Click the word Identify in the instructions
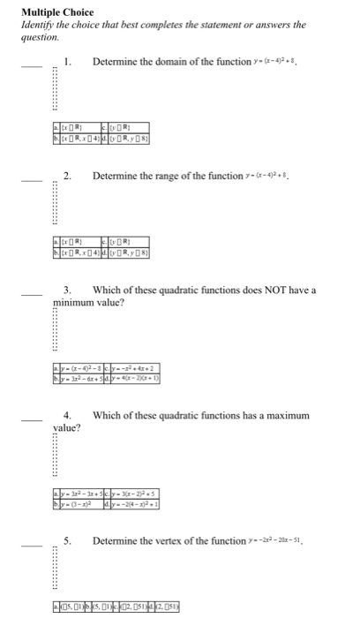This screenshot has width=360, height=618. click(x=37, y=25)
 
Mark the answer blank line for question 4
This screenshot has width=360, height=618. click(x=31, y=418)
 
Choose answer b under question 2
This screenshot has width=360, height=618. click(x=77, y=256)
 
